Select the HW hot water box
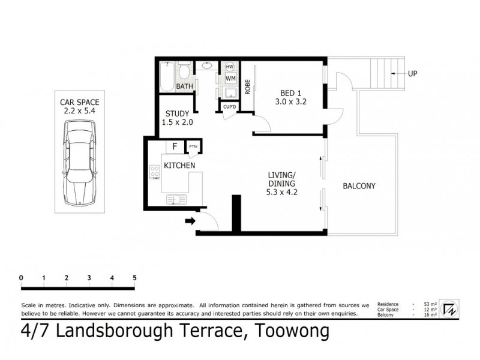click(x=230, y=67)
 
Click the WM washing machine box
click(x=230, y=78)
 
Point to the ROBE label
click(x=247, y=88)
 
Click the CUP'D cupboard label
click(x=229, y=107)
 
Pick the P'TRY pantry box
click(x=194, y=147)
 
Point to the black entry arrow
click(x=190, y=221)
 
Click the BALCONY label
click(x=359, y=186)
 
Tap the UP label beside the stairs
click(x=412, y=74)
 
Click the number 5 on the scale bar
click(x=134, y=278)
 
